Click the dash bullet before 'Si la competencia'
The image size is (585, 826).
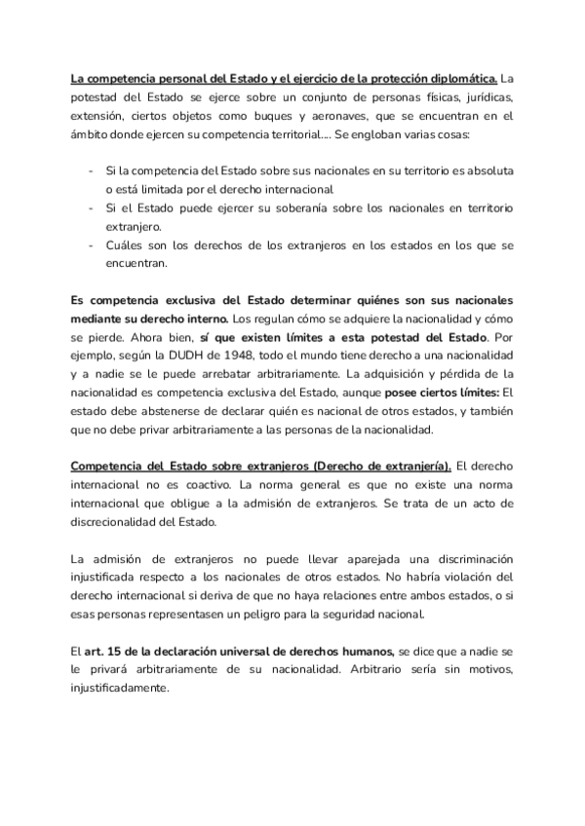92,170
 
